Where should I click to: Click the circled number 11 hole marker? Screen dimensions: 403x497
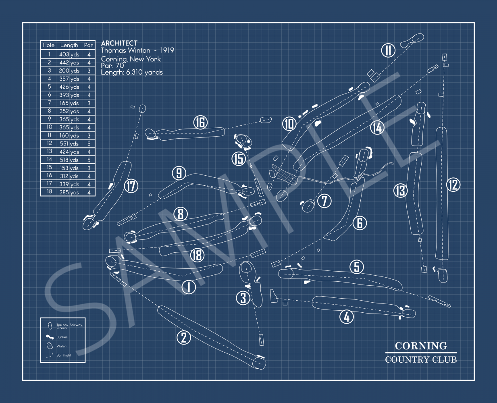388,50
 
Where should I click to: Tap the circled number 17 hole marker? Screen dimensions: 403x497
131,186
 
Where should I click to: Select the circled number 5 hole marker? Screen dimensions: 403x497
356,267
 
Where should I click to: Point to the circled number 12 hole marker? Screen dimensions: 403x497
453,185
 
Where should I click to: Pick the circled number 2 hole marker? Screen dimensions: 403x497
184,337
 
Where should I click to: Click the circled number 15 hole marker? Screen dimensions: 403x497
239,158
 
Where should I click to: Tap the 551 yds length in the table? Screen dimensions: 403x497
69,143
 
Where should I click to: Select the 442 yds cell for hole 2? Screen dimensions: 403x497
69,62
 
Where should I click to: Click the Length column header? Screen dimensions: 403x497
69,45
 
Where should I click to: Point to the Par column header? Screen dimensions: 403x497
89,45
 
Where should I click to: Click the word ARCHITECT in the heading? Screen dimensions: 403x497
119,43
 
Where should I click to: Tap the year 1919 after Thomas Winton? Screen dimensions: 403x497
167,50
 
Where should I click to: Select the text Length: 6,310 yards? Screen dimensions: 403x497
132,73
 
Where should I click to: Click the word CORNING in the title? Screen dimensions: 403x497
421,346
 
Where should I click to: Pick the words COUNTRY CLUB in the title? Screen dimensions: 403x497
421,359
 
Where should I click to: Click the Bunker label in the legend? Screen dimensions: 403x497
62,337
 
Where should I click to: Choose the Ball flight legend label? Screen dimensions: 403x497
64,355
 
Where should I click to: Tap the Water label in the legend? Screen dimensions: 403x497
61,346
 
